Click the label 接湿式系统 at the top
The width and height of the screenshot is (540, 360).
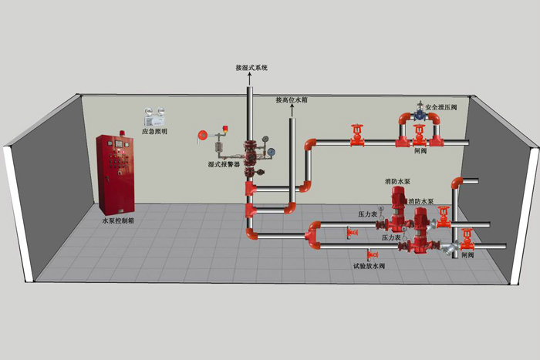coord(251,68)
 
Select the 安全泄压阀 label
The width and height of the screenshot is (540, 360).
coord(442,107)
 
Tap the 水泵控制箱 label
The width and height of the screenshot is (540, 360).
coord(117,221)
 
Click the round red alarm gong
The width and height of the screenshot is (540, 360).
coord(203,134)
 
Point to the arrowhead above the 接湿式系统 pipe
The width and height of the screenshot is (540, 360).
coord(250,77)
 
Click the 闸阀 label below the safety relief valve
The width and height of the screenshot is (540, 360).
coord(420,151)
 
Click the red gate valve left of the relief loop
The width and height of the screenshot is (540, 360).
coord(356,136)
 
